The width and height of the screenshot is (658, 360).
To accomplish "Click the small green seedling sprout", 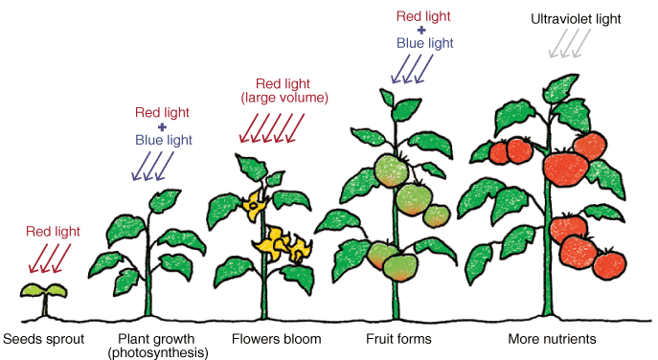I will (x=44, y=291).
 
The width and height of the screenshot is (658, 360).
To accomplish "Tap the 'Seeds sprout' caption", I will (x=44, y=339).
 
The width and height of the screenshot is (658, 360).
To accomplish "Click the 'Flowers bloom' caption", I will (x=277, y=339).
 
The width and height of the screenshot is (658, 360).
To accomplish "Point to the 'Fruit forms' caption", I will (x=398, y=339).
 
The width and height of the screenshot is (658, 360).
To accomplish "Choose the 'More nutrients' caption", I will (x=553, y=339).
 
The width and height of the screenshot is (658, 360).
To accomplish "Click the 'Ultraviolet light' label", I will (x=575, y=18).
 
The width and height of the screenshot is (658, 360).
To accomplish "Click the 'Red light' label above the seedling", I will (x=53, y=231).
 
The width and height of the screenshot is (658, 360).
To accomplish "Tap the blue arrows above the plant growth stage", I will (x=150, y=167).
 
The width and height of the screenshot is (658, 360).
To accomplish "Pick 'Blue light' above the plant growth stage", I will (x=162, y=141).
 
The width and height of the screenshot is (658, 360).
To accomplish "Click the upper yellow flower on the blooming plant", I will (x=256, y=202).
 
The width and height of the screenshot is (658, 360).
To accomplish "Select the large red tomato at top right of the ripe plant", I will (x=587, y=145).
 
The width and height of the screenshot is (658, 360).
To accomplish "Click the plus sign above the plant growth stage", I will (x=162, y=126).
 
